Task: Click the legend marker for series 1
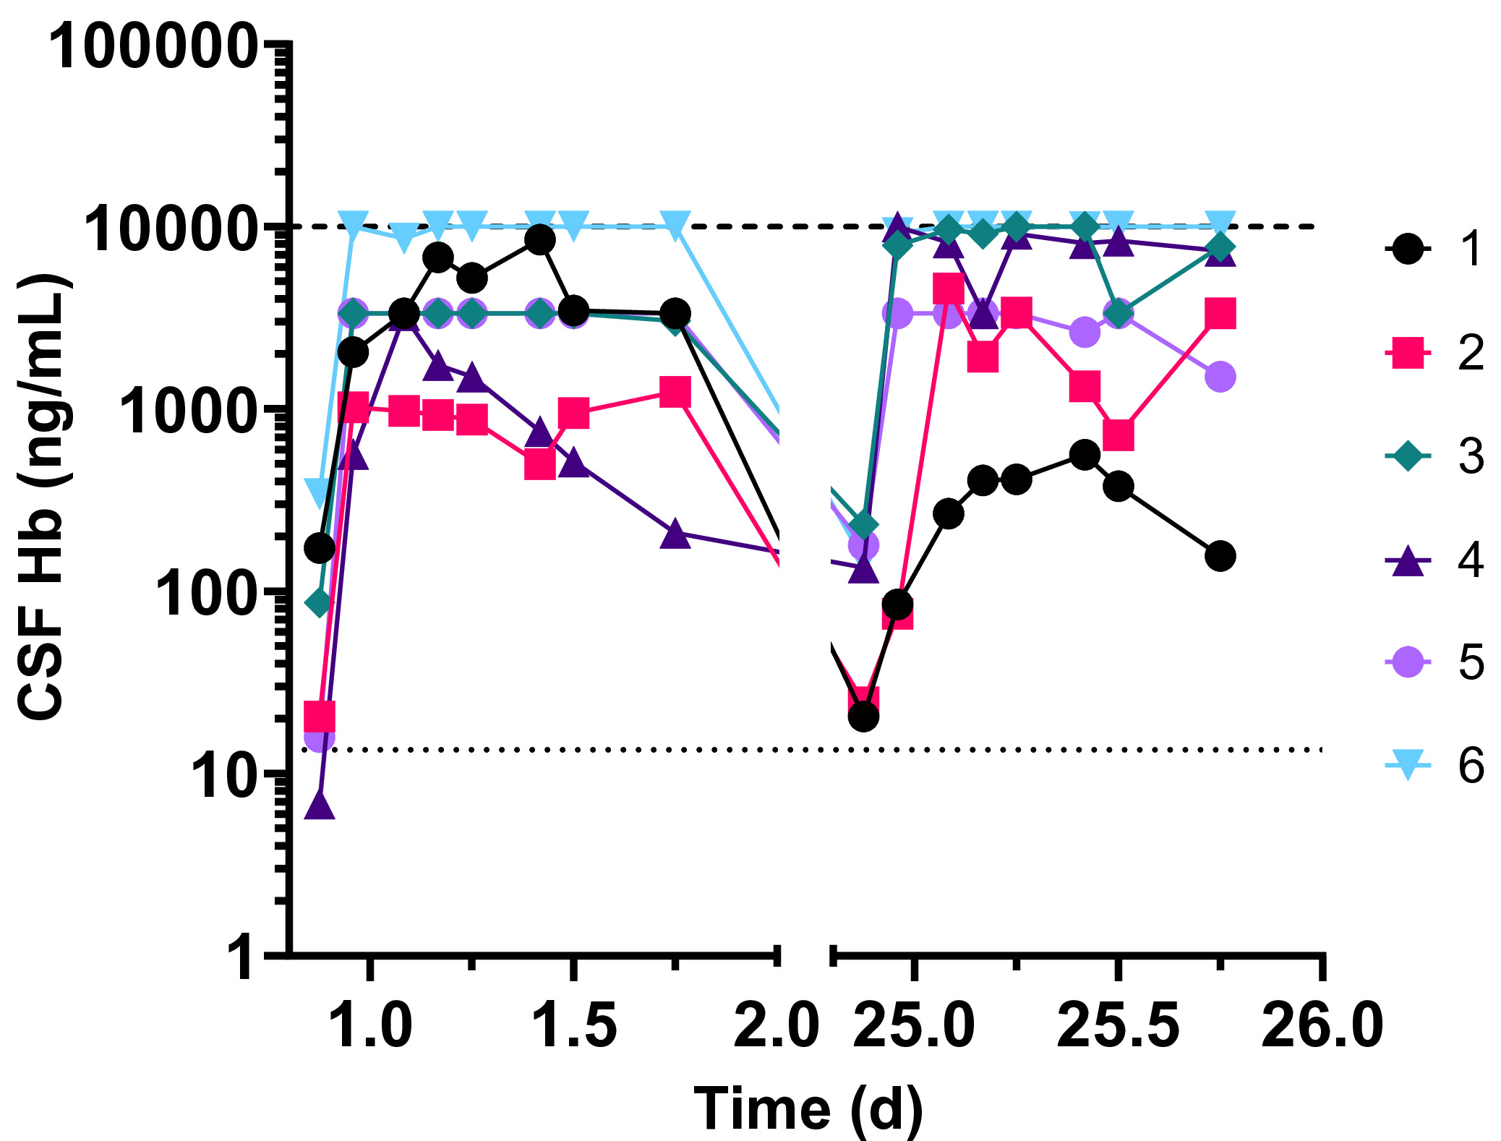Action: click(x=1407, y=249)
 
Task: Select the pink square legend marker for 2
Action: click(x=1407, y=353)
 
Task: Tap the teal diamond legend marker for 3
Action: click(x=1407, y=456)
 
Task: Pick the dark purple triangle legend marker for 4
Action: click(x=1407, y=560)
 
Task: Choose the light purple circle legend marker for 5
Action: click(x=1407, y=662)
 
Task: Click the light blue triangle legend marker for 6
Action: click(x=1407, y=765)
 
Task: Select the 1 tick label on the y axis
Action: click(x=242, y=959)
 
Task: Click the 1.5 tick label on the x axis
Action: click(x=574, y=1025)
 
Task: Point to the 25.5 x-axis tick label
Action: click(x=1118, y=1025)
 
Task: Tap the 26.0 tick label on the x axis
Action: click(x=1322, y=1025)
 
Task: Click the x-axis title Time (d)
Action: click(x=808, y=1108)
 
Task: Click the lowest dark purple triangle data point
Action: click(x=320, y=805)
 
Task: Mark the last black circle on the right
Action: click(x=1220, y=556)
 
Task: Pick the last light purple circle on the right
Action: click(x=1220, y=377)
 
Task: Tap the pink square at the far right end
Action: click(x=1220, y=314)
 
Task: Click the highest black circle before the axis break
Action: click(x=539, y=239)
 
